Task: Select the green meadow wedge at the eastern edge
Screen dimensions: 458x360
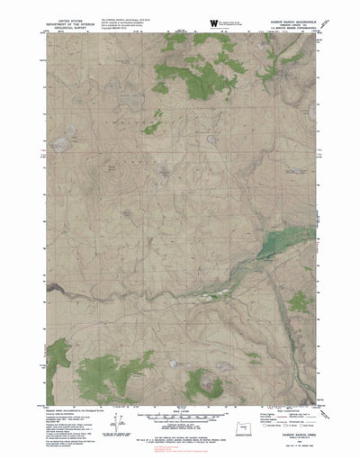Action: click(x=283, y=221)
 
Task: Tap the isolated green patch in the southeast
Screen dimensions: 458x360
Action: click(x=254, y=358)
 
